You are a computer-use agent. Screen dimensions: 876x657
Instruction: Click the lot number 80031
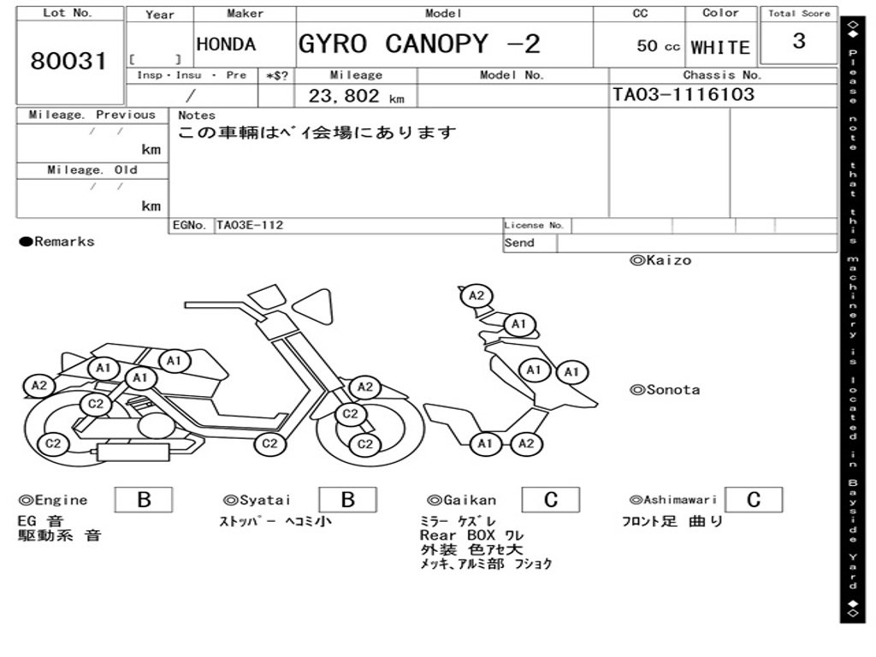68,62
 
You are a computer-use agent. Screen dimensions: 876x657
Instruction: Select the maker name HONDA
226,45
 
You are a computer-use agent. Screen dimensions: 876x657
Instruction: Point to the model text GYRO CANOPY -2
419,44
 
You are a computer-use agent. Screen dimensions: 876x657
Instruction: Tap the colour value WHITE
720,47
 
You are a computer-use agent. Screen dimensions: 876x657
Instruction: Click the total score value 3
799,41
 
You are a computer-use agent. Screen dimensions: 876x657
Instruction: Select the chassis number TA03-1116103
683,94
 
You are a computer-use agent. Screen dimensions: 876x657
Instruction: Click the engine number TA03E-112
250,226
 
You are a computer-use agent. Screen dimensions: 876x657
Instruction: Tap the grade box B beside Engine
144,500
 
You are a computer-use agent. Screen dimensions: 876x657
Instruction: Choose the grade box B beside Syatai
347,500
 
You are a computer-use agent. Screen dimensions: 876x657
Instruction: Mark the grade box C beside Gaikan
551,500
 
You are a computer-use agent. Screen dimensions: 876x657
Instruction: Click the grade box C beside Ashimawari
753,500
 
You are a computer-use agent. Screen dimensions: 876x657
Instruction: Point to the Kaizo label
660,260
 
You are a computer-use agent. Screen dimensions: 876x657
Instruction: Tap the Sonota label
665,390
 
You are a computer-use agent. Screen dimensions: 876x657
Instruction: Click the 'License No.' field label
535,226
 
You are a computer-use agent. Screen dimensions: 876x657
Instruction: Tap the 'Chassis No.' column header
722,75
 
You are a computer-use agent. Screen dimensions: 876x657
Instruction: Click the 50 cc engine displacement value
658,46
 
